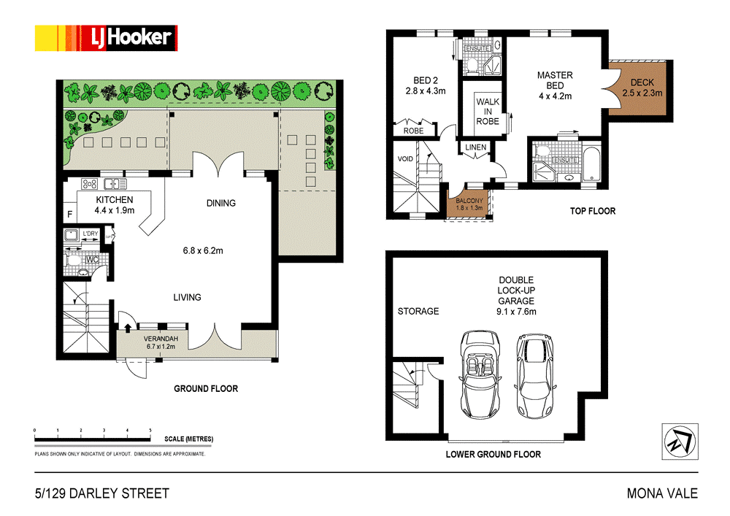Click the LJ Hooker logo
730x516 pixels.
pyautogui.click(x=106, y=37)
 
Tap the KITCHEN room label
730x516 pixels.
pyautogui.click(x=115, y=199)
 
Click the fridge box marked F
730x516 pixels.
pyautogui.click(x=69, y=215)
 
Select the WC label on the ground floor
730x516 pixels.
pyautogui.click(x=93, y=258)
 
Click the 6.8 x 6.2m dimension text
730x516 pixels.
pyautogui.click(x=202, y=250)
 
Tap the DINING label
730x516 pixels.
pyautogui.click(x=220, y=203)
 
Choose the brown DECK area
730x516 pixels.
pyautogui.click(x=642, y=88)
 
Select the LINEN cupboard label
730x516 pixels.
pyautogui.click(x=475, y=148)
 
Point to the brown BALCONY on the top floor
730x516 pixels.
pyautogui.click(x=468, y=202)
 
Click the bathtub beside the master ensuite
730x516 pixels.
pyautogui.click(x=592, y=165)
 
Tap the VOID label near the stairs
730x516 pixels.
pyautogui.click(x=405, y=158)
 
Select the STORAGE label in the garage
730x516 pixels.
pyautogui.click(x=418, y=311)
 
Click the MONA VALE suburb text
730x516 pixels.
pyautogui.click(x=662, y=493)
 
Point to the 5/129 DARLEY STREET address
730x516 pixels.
pyautogui.click(x=101, y=493)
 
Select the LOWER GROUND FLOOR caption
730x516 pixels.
pyautogui.click(x=493, y=454)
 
